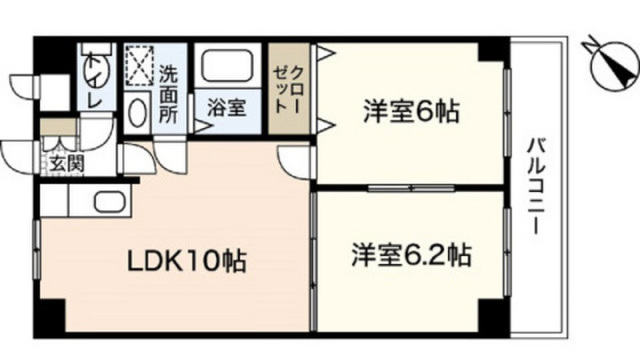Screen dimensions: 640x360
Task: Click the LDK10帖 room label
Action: click(x=187, y=261)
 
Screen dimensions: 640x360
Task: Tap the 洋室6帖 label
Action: click(x=411, y=111)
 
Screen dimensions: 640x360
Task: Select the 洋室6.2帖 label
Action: click(x=411, y=255)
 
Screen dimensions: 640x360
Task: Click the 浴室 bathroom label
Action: click(x=227, y=107)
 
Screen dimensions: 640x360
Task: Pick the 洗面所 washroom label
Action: click(x=168, y=94)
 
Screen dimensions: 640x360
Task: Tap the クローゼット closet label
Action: click(x=288, y=90)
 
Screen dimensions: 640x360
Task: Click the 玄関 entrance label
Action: click(x=67, y=164)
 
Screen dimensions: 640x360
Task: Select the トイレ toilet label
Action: click(x=94, y=82)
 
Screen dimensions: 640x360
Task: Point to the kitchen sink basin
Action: click(x=110, y=201)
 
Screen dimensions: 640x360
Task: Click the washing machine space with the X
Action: click(x=139, y=66)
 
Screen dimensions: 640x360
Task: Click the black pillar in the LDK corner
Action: click(x=52, y=315)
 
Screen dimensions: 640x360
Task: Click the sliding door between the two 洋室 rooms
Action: click(x=411, y=188)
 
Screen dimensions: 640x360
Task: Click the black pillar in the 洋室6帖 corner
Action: click(x=491, y=51)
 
